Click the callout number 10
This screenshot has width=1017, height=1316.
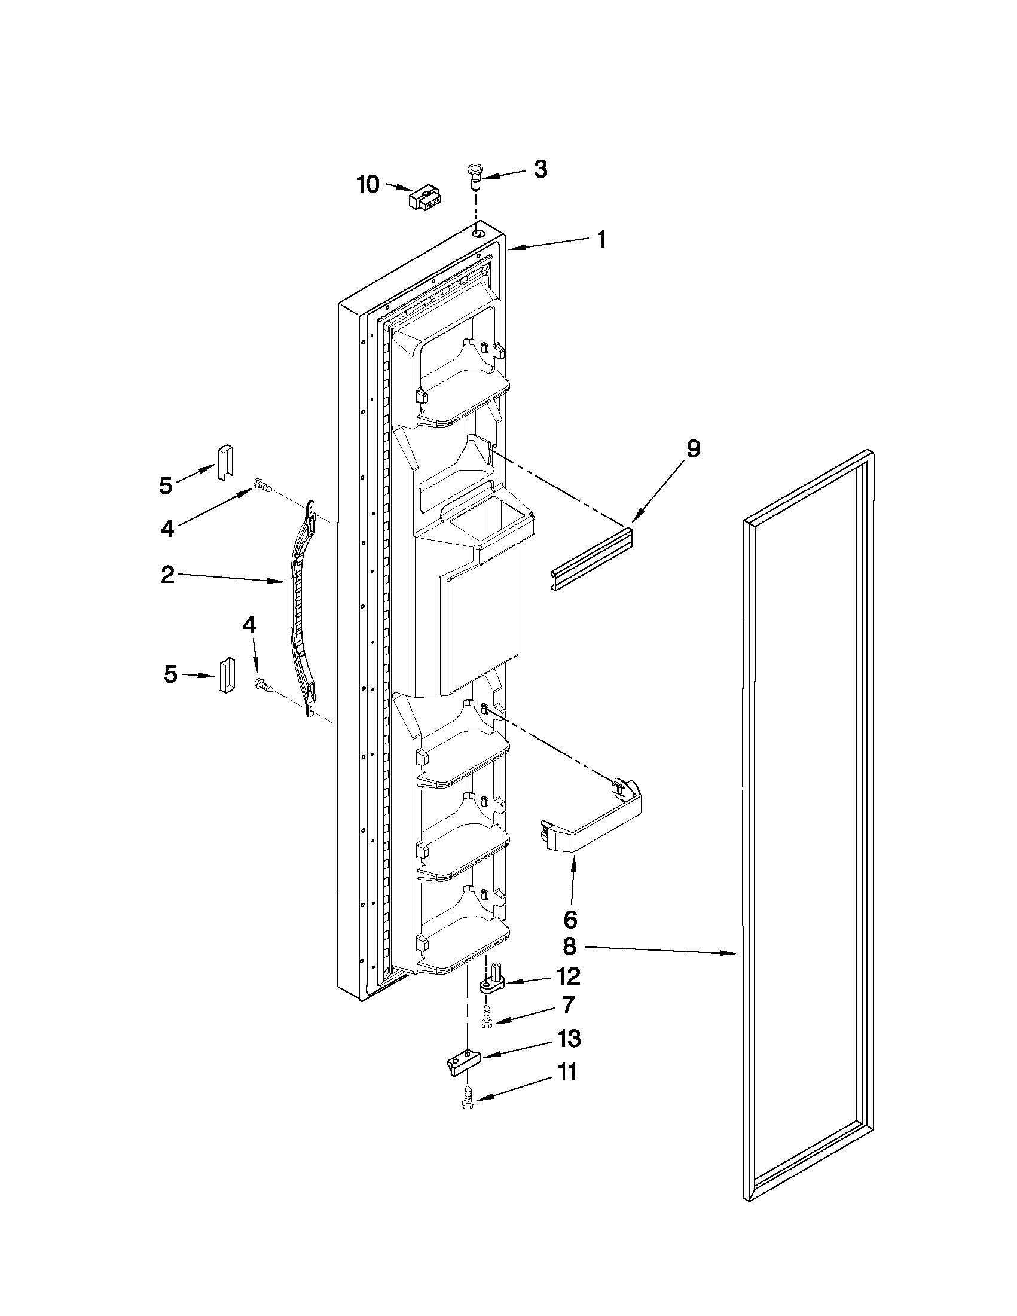coord(368,184)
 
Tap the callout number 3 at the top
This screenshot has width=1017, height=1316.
coord(540,170)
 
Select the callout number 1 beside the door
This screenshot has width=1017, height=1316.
coord(601,240)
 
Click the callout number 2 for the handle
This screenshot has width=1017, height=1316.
coord(167,575)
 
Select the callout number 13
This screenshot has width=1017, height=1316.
coord(569,1039)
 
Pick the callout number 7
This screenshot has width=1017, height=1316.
coord(567,1006)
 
